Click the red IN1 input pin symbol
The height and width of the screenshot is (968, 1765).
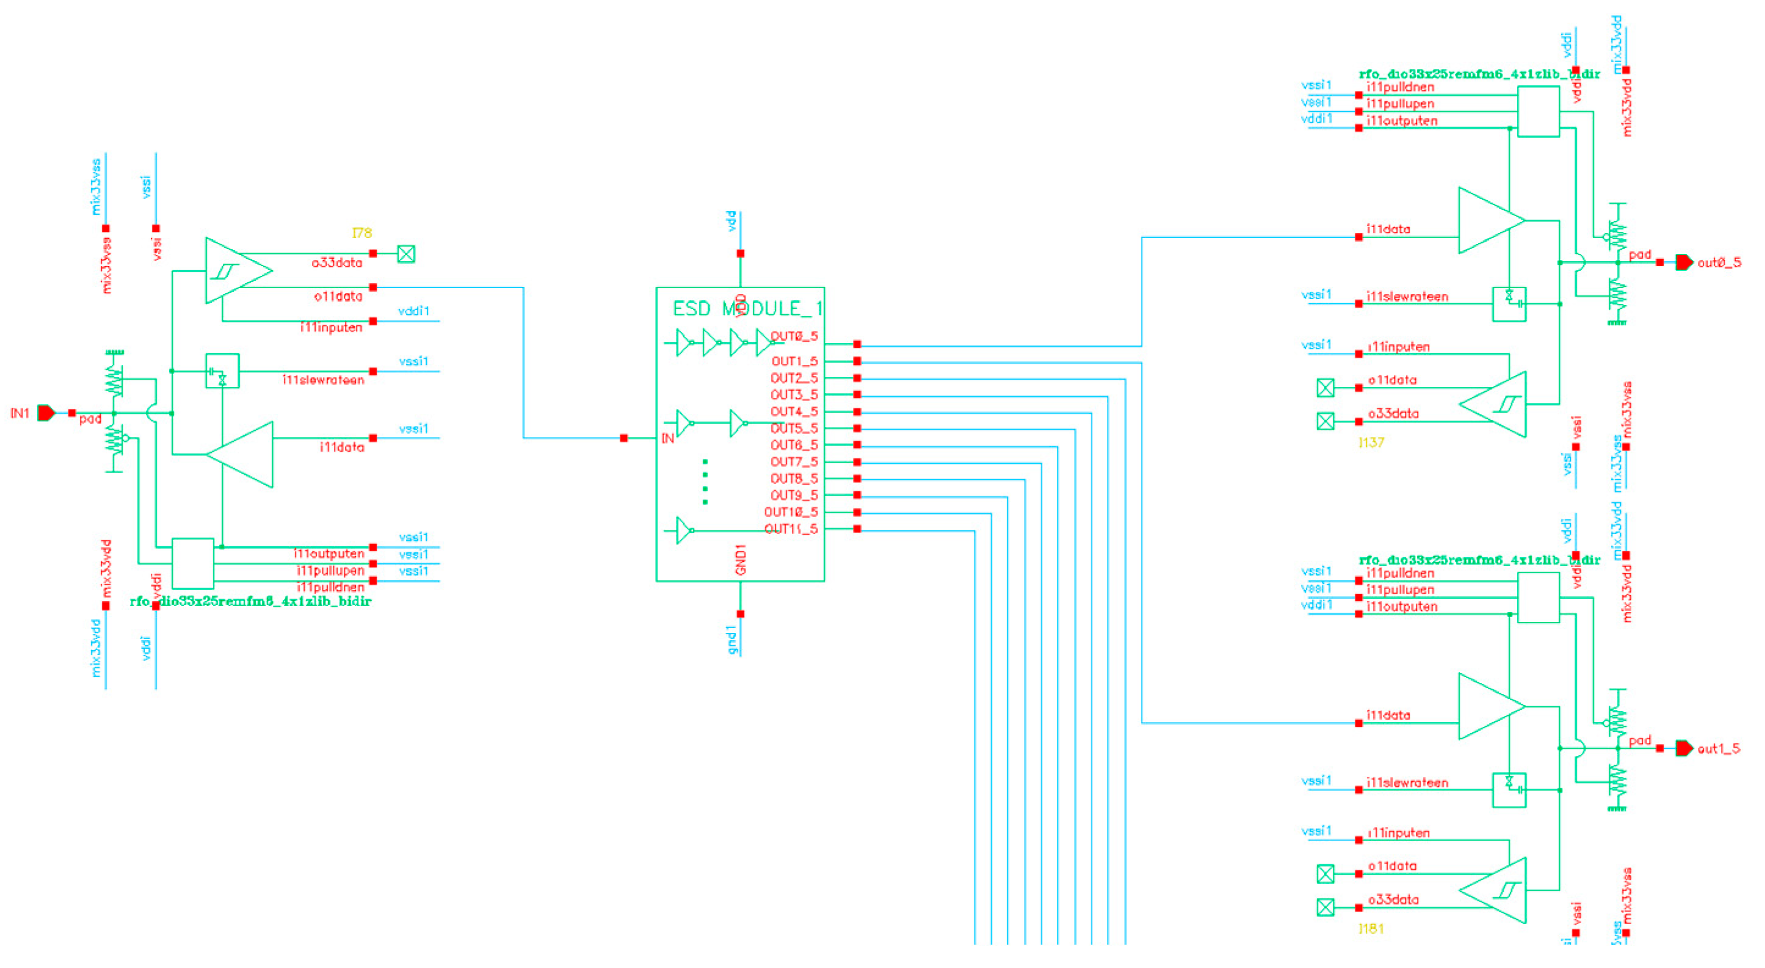46,413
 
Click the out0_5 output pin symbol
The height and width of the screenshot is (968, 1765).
1683,262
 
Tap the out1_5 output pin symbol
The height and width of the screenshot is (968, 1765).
1683,748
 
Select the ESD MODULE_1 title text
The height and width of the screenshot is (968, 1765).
747,308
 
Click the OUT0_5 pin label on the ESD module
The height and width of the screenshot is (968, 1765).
794,336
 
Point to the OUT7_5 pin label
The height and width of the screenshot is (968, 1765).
794,462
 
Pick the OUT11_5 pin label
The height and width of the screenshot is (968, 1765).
791,529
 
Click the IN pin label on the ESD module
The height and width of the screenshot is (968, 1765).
667,438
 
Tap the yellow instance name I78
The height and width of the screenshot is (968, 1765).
362,233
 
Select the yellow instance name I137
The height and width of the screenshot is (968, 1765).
1371,442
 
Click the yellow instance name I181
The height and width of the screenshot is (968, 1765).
1371,928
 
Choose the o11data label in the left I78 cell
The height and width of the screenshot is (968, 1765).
338,296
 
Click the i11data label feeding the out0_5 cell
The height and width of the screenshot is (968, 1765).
1388,229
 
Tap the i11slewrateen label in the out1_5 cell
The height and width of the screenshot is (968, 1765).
1407,782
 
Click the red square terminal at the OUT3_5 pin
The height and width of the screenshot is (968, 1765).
857,395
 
